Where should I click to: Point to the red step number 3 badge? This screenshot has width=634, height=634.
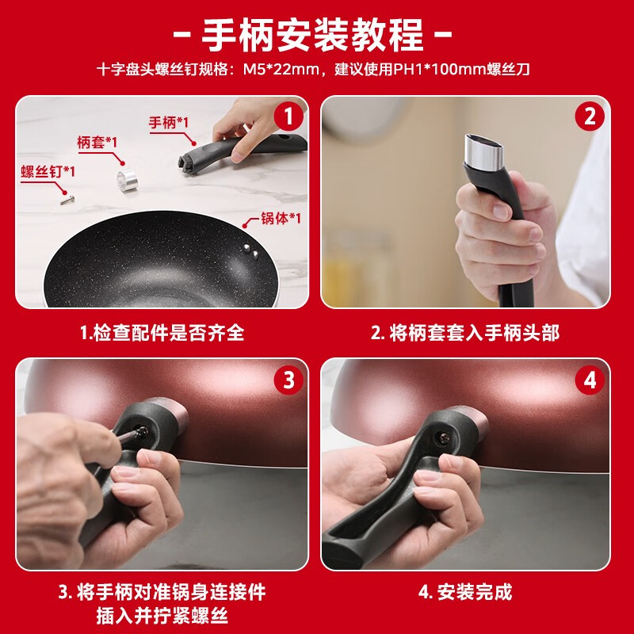(288, 380)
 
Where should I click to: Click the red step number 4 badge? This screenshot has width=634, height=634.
(589, 380)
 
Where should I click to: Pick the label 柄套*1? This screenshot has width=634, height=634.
(97, 142)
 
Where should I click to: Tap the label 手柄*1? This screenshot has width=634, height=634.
(168, 123)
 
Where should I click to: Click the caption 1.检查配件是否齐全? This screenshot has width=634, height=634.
(162, 333)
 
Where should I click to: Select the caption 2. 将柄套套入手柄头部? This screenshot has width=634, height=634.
(464, 333)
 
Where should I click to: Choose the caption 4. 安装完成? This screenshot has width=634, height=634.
(464, 591)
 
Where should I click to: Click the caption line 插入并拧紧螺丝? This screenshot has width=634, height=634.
(162, 616)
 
